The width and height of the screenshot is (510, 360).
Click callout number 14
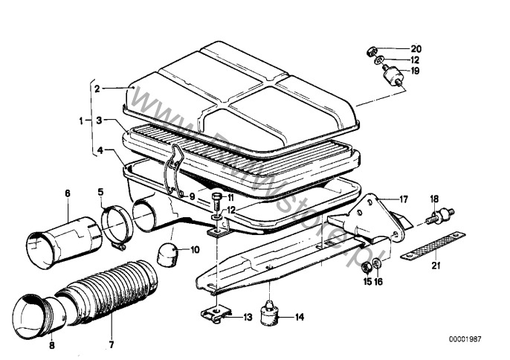click(299, 317)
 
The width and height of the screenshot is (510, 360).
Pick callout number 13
click(248, 317)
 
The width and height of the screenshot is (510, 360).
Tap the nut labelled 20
click(369, 51)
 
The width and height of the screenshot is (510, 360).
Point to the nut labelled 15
click(367, 267)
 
